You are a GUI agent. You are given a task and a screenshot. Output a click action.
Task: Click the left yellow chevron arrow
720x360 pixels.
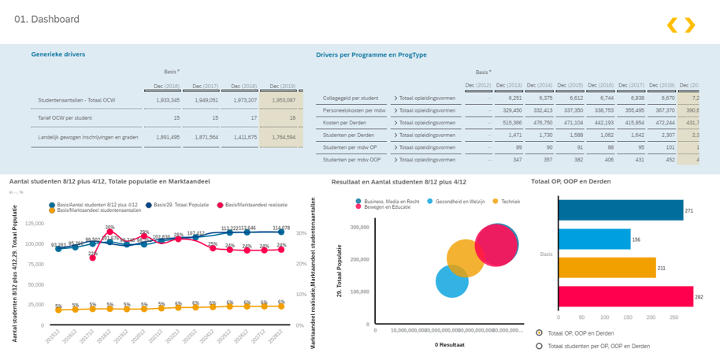[672, 25]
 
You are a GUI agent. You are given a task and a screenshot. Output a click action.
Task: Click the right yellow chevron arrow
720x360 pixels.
[690, 25]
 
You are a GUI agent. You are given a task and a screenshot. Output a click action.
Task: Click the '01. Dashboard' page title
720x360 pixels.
[46, 19]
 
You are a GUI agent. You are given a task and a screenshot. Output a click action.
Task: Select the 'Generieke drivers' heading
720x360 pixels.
[58, 54]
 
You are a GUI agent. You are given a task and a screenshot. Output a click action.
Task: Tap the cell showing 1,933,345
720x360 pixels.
[167, 100]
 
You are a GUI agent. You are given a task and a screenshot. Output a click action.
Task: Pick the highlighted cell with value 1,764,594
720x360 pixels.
[283, 136]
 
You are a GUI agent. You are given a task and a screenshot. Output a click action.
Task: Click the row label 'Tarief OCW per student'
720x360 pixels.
[66, 118]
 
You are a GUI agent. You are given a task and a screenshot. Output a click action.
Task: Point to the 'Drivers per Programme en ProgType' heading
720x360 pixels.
[371, 55]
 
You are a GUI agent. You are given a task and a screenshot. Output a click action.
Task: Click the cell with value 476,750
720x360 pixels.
[540, 122]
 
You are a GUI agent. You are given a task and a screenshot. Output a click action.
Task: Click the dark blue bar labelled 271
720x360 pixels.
[620, 210]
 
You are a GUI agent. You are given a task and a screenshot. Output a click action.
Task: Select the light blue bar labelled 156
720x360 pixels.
[594, 239]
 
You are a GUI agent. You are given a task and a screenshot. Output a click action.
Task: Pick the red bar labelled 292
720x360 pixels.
[625, 297]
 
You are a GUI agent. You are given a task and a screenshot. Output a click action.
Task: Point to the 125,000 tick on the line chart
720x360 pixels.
[34, 223]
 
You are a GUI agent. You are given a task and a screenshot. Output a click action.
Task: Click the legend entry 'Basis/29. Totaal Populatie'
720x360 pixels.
[179, 205]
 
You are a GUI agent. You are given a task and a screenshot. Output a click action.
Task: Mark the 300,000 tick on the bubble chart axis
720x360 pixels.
[358, 228]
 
